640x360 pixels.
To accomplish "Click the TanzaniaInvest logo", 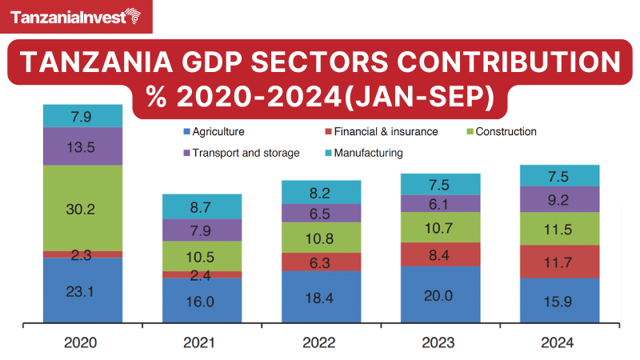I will (77, 17).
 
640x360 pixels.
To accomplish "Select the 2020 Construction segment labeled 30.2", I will (83, 208).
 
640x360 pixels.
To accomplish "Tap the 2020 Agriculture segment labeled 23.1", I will (83, 291).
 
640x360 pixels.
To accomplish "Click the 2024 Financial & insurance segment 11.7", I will (560, 262).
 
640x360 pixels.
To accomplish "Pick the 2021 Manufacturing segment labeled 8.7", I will (202, 206).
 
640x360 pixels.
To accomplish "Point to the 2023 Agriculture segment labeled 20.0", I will (441, 295).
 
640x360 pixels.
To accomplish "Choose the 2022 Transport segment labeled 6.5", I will (321, 214).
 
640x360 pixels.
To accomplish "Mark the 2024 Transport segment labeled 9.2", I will (560, 199).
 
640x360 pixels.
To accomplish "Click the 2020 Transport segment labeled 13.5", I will (83, 146).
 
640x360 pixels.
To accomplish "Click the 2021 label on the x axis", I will (202, 342).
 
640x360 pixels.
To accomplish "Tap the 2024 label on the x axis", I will (560, 342).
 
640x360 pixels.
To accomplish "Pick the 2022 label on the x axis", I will (321, 342).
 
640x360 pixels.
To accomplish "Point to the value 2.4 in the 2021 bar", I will (202, 274).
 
